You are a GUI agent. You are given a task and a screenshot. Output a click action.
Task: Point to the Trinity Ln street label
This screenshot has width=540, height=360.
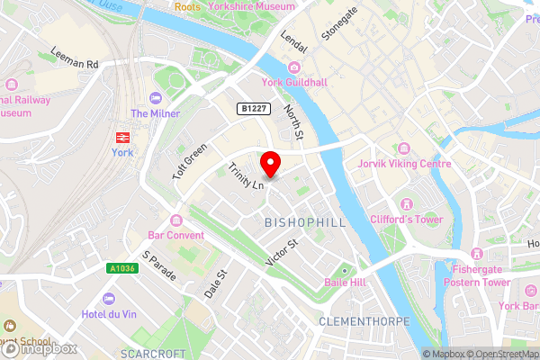click(245, 175)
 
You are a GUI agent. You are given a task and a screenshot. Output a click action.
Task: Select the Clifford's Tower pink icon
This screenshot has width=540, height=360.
click(409, 203)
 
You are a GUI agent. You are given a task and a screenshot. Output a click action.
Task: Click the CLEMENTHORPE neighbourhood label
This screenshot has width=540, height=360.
click(364, 321)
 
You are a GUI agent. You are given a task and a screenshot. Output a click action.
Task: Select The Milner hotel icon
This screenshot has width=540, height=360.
click(156, 97)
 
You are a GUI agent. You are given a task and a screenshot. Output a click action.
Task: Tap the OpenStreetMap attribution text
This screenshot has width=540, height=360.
click(498, 354)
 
